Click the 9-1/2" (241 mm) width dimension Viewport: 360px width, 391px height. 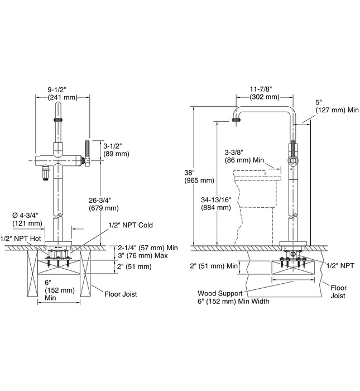click(63, 93)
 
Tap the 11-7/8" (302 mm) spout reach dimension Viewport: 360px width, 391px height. click(265, 93)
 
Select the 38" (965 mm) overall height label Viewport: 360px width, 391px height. click(199, 177)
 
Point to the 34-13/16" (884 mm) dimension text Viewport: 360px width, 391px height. click(216, 203)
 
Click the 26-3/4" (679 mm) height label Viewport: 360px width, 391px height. click(104, 204)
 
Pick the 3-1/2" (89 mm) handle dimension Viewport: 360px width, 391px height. click(116, 150)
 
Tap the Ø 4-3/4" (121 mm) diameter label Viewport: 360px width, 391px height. click(27, 219)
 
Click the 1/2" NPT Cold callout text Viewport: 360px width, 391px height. click(131, 225)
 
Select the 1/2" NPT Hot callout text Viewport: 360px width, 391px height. click(21, 239)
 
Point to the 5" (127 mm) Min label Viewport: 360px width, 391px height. click(337, 106)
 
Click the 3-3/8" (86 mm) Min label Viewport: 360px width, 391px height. click(244, 156)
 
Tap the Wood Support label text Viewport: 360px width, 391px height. click(220, 293)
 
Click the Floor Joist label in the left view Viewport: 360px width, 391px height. click(121, 294)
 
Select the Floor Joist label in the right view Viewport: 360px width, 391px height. click(339, 292)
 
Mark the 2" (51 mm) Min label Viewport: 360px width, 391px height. click(214, 266)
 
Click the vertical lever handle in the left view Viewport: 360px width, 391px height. click(87, 149)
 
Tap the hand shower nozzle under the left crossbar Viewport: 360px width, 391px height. click(45, 172)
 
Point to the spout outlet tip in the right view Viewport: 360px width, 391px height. click(237, 120)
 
